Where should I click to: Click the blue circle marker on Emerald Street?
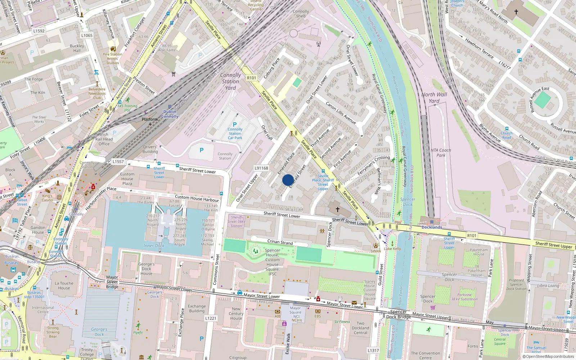(x=288, y=180)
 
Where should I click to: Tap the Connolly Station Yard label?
(x=230, y=81)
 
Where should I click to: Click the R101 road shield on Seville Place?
(x=252, y=78)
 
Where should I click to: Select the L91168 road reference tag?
(x=261, y=168)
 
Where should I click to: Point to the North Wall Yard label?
(x=434, y=98)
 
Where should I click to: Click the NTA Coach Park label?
(x=441, y=153)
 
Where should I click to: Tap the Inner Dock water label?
(x=154, y=246)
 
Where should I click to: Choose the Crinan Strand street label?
(x=280, y=242)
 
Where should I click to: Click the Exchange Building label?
(x=197, y=309)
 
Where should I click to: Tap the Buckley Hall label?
(x=77, y=48)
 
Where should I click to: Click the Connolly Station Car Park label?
(x=235, y=134)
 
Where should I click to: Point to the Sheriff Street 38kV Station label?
(x=236, y=221)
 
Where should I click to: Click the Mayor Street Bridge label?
(x=112, y=282)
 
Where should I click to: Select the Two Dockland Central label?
(x=360, y=328)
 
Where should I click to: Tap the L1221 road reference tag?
(x=211, y=318)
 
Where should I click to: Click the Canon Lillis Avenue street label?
(x=341, y=113)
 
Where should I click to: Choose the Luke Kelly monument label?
(x=392, y=249)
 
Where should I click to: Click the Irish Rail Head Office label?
(x=104, y=139)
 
